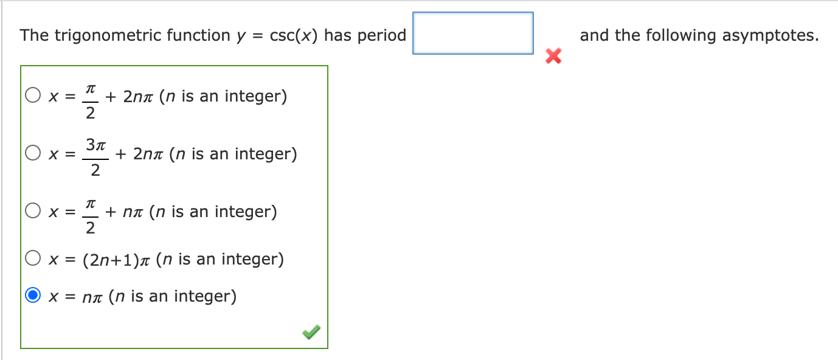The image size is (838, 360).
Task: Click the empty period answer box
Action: pos(473,33)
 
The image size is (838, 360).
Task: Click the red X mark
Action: pos(553,57)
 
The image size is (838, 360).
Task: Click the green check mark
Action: pos(311,332)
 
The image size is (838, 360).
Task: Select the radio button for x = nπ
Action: pos(33,296)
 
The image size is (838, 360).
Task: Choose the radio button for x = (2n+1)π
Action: pos(33,260)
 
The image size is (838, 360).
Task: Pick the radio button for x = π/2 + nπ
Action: pos(33,212)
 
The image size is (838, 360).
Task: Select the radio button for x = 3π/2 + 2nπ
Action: pos(33,154)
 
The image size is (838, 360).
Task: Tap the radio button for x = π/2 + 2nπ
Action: pos(33,96)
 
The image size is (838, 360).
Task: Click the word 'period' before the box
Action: pos(381,35)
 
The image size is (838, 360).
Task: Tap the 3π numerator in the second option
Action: pos(96,145)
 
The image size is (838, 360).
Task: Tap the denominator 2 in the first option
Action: pos(89,112)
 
